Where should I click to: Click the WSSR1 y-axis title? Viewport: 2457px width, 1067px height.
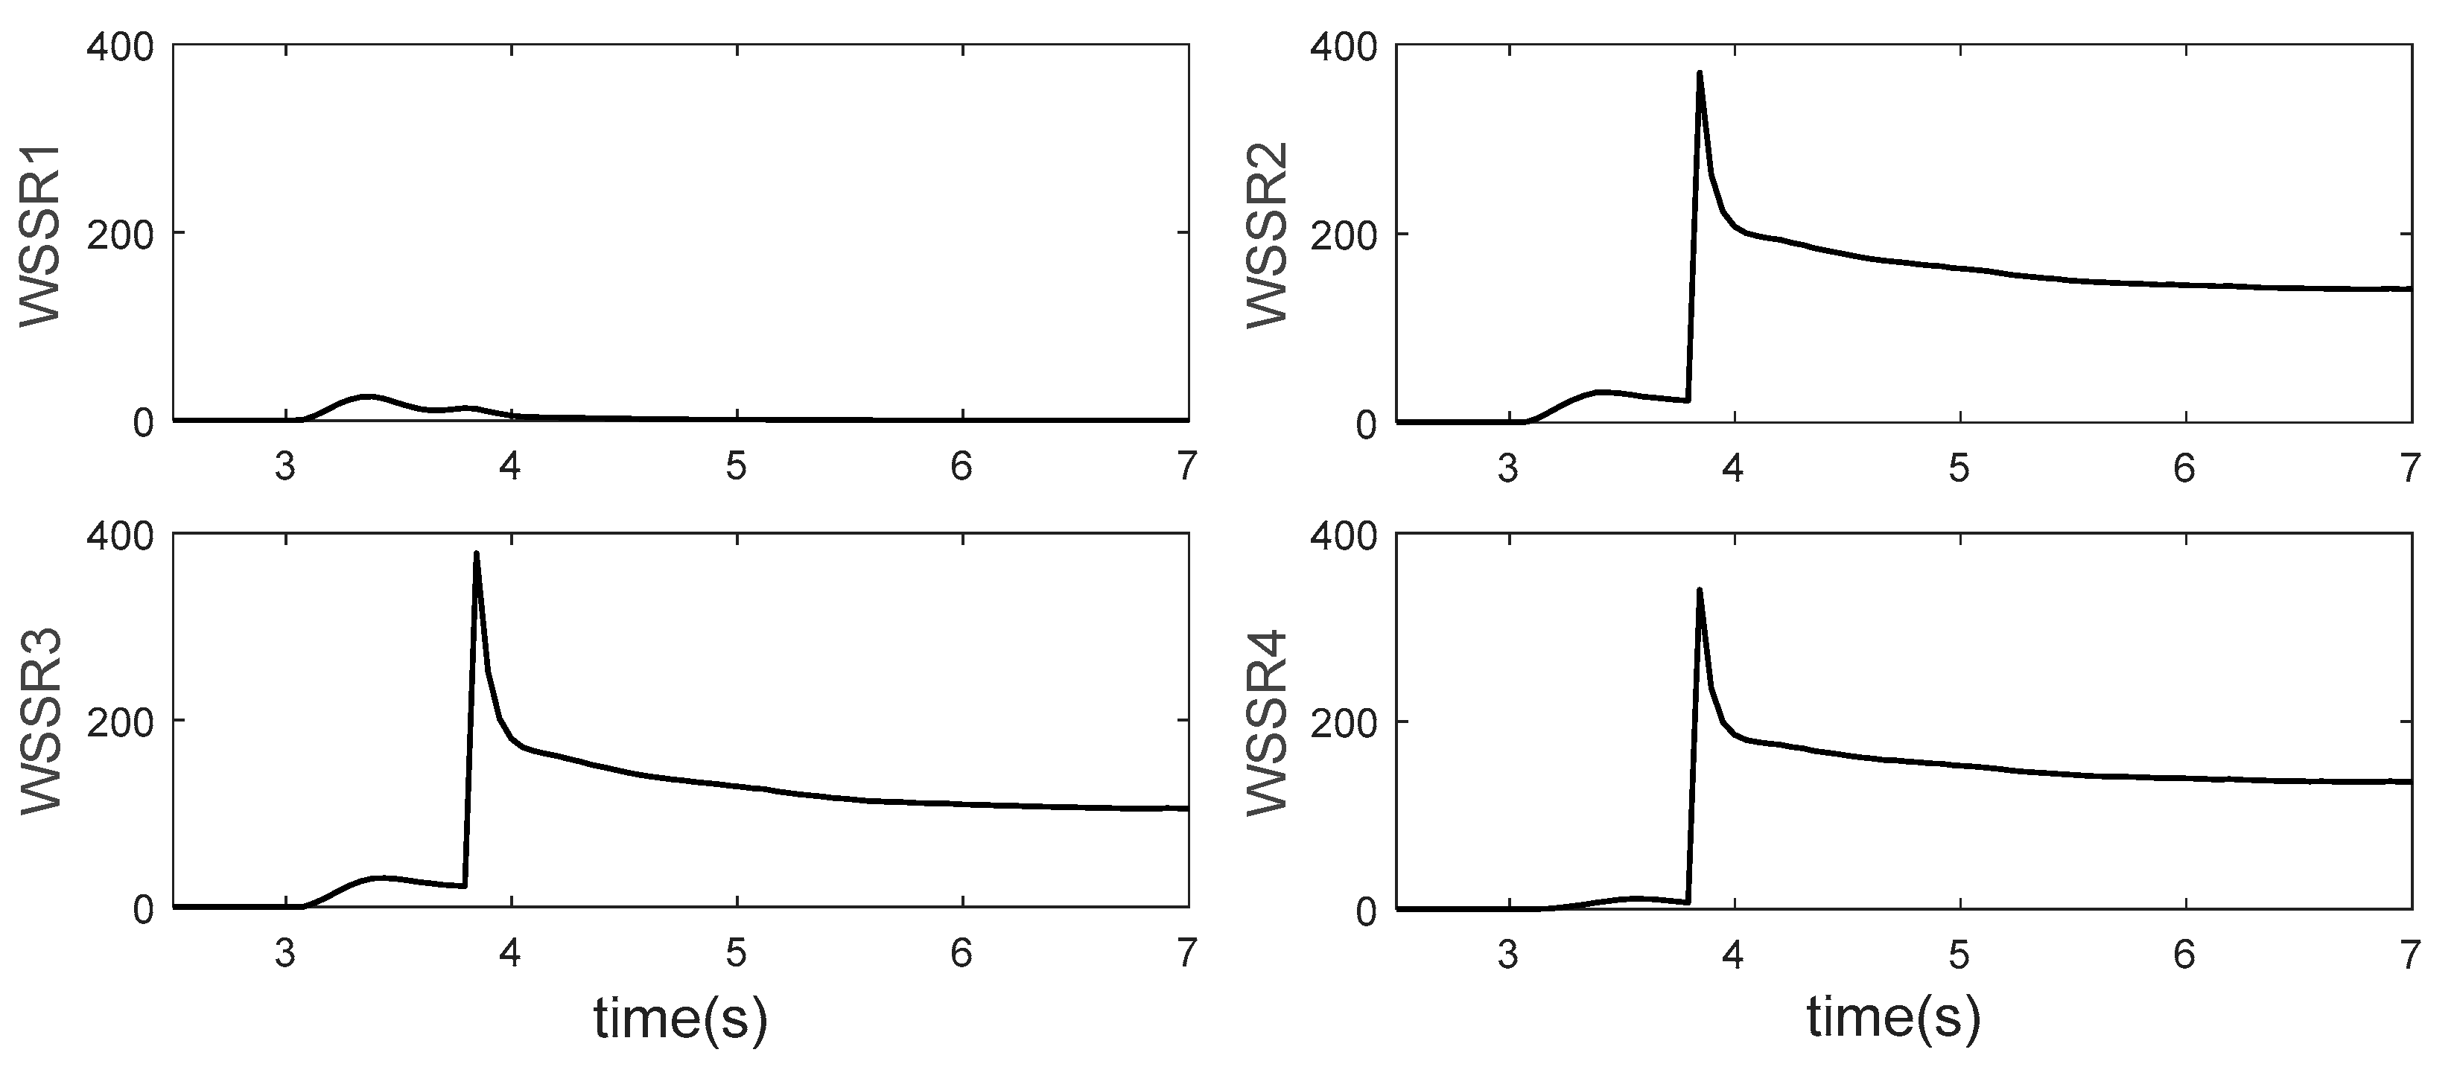point(40,235)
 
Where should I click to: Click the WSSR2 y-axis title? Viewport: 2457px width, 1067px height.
point(1268,235)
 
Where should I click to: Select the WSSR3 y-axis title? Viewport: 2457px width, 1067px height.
point(40,721)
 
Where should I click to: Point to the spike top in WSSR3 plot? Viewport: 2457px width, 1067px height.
point(476,554)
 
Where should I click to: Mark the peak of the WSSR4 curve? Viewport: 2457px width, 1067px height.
point(1700,590)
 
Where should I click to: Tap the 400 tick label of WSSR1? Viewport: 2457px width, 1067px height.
point(120,47)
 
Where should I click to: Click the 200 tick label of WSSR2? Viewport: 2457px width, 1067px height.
point(1345,235)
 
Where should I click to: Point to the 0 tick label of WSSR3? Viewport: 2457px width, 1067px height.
point(143,910)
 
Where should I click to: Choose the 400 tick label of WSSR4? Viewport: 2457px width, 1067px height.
point(1345,537)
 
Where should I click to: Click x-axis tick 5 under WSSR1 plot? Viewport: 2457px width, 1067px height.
point(735,467)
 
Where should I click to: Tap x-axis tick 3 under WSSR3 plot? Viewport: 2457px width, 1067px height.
point(285,954)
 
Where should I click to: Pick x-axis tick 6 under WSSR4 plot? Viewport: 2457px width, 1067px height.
point(2184,955)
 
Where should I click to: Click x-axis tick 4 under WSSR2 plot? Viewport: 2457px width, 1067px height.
point(1733,468)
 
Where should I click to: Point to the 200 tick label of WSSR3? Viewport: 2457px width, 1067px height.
point(120,721)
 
